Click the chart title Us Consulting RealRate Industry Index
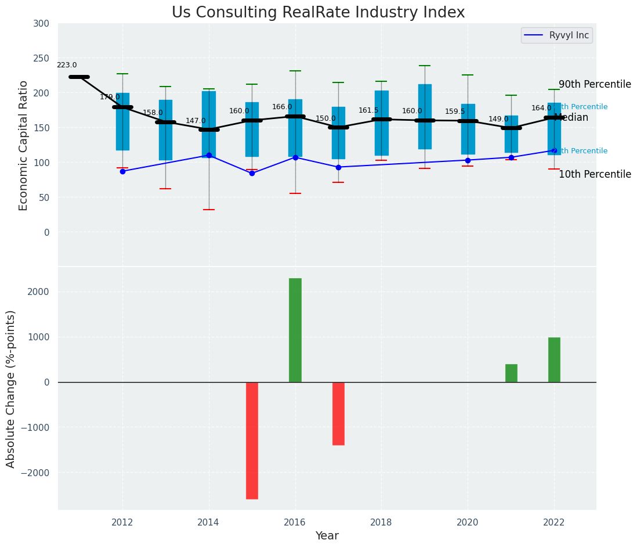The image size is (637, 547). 318,13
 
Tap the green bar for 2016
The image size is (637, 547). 295,330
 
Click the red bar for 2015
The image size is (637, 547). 252,440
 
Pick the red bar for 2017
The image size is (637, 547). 338,413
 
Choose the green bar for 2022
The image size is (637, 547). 554,359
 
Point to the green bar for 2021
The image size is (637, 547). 511,373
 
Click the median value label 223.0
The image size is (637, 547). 67,66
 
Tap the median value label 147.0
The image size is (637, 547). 196,121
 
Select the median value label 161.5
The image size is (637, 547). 368,111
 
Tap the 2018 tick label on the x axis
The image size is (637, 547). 382,523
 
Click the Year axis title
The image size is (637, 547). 327,536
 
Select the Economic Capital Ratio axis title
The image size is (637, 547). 24,145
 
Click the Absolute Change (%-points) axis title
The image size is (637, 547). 11,388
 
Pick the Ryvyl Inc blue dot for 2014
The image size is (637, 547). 209,156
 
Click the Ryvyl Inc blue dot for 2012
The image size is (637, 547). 122,171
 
